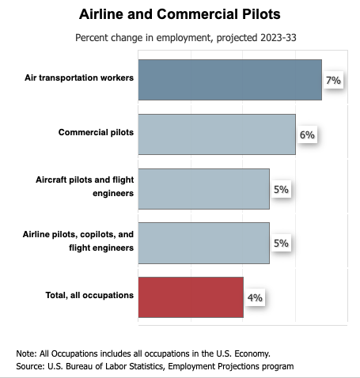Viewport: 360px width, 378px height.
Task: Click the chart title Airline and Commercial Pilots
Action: point(180,14)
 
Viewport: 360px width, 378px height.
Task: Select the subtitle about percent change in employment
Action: point(186,38)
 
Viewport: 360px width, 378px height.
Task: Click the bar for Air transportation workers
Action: point(230,80)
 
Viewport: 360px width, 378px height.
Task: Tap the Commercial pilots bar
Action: point(217,134)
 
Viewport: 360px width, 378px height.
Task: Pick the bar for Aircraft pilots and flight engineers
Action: point(204,189)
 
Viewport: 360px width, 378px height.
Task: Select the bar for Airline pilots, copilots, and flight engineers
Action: point(204,243)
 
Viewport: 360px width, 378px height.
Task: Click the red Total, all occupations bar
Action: point(191,297)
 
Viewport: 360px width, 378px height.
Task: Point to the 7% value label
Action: point(333,80)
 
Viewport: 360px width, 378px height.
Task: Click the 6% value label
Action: point(307,134)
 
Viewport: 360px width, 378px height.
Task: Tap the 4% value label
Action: point(255,297)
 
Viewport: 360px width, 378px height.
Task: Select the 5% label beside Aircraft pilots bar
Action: point(281,189)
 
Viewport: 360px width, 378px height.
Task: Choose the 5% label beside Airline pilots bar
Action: point(281,243)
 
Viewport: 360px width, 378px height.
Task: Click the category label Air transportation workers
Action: point(79,77)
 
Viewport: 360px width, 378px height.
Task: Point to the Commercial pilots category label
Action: point(96,132)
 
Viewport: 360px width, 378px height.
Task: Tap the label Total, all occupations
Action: point(89,295)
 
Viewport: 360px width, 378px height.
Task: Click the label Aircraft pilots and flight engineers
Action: point(85,187)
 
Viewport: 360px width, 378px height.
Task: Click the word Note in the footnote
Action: point(25,353)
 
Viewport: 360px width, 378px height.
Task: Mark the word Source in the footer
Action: point(29,366)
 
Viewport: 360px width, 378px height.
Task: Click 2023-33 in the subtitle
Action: point(279,38)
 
